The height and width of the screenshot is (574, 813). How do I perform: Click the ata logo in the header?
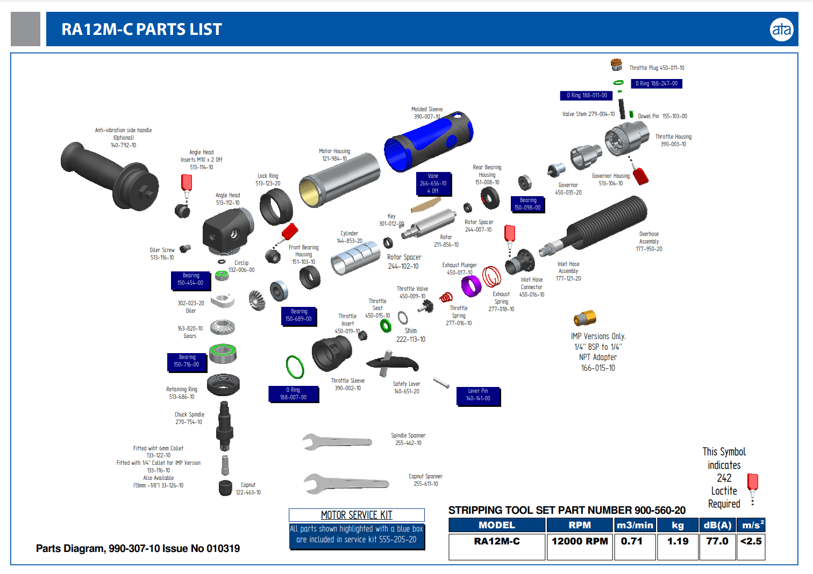tap(781, 29)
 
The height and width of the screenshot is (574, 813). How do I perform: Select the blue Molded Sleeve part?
tap(429, 141)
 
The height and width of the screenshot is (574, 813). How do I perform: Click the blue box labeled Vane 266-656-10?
tap(433, 183)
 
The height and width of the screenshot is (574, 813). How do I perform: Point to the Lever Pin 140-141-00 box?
tap(478, 395)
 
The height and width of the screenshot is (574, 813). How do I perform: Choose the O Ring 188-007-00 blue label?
tap(293, 394)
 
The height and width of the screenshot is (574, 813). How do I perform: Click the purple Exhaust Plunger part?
tap(471, 285)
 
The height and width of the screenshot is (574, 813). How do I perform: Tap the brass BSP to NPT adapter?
tap(584, 318)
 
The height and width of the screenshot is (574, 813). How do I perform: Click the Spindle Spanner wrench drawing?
tap(336, 442)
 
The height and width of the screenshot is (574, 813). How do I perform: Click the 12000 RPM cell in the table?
tap(579, 541)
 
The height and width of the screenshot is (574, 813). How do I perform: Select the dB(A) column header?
tap(717, 525)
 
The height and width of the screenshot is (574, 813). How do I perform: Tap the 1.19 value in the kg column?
tap(677, 541)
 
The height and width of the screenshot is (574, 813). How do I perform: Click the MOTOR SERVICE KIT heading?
tap(356, 515)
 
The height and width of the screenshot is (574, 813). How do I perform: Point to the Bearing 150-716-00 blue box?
tap(187, 361)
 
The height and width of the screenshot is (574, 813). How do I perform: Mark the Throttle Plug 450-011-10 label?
tap(657, 68)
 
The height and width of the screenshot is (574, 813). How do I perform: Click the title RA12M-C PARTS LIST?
tap(141, 30)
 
